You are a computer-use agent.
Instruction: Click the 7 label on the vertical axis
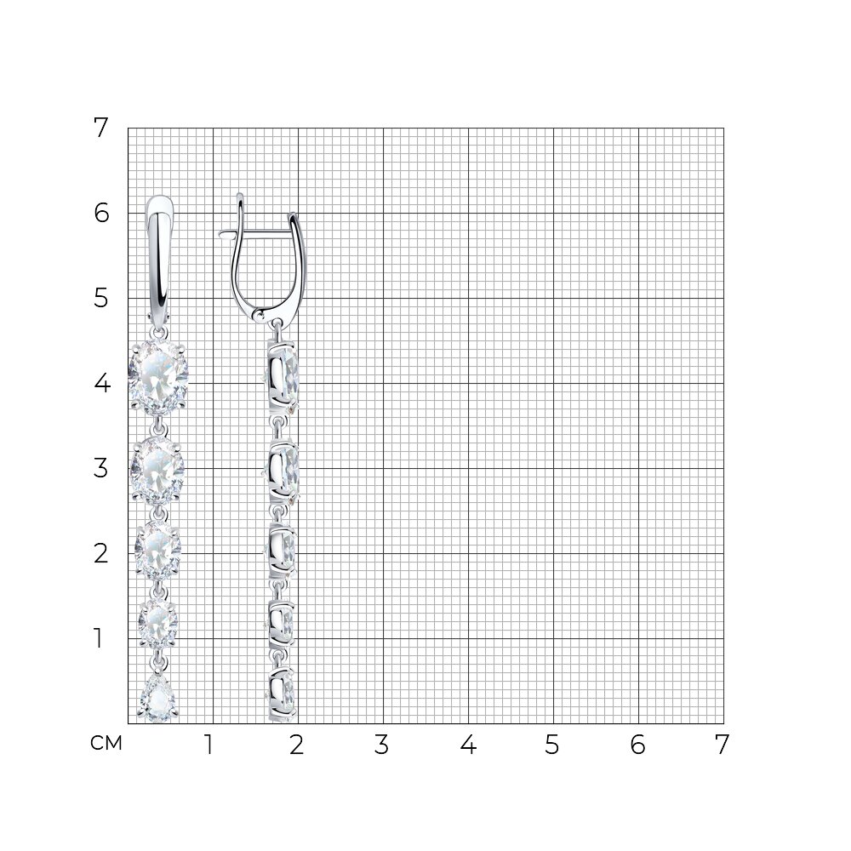(101, 129)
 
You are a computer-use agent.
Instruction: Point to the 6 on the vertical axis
(101, 214)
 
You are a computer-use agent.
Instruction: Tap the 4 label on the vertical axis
(102, 383)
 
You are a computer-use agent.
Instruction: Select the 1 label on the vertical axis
(98, 638)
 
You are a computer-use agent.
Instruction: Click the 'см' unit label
(106, 743)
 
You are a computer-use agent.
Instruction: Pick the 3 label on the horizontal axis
(381, 745)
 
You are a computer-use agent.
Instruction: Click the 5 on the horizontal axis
(552, 745)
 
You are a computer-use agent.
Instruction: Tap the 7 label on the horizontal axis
(722, 745)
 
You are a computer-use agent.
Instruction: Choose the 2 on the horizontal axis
(296, 745)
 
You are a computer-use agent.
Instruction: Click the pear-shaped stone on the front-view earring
(158, 698)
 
